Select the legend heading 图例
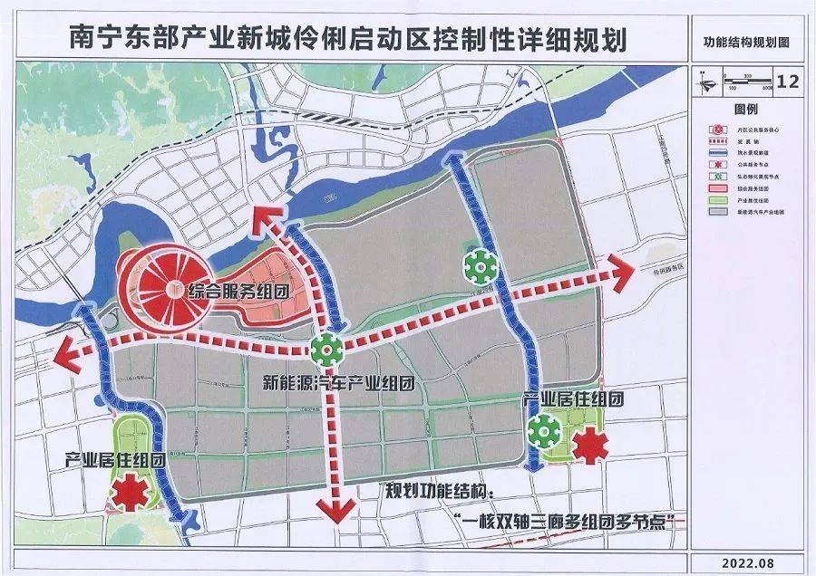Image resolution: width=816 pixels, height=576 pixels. pyautogui.click(x=745, y=109)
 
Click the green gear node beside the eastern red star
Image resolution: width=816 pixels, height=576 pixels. pyautogui.click(x=544, y=431)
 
